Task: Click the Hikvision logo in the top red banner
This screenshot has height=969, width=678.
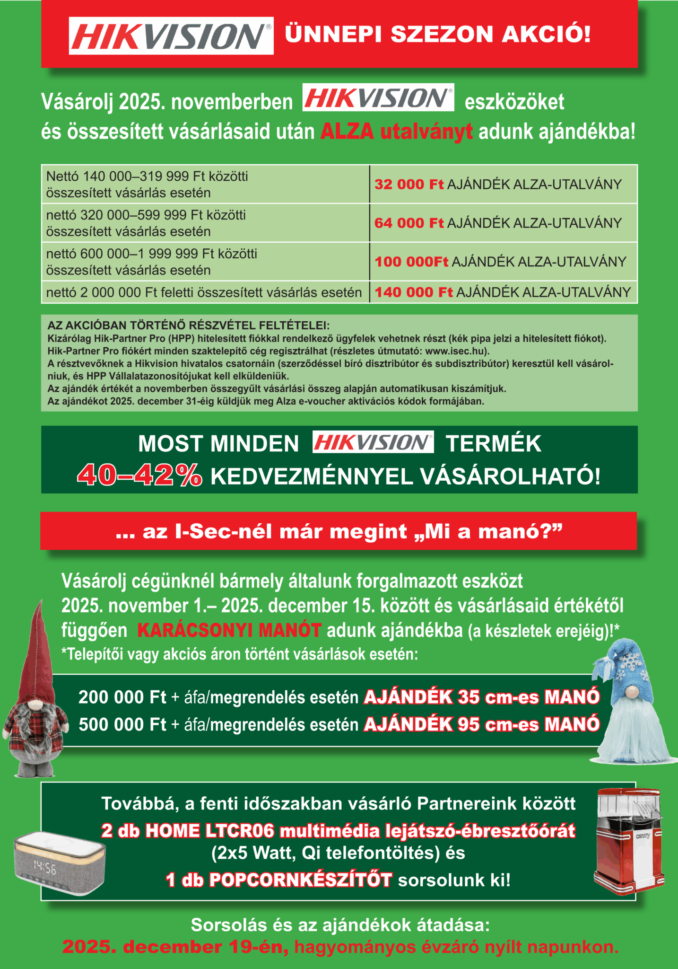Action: [171, 36]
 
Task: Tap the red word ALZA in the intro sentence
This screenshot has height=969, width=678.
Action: [347, 132]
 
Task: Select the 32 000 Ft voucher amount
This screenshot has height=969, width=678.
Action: [409, 185]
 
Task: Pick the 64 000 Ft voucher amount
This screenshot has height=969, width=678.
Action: [409, 223]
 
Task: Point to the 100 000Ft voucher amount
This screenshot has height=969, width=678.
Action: [411, 262]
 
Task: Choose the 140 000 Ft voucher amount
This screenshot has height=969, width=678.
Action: [413, 292]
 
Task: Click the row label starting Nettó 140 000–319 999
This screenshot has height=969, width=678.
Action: [147, 177]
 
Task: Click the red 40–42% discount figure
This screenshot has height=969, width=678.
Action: [140, 475]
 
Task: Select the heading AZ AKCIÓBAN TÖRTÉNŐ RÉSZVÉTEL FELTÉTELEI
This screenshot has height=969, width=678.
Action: [188, 326]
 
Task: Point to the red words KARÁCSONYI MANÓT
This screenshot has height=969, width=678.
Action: [229, 631]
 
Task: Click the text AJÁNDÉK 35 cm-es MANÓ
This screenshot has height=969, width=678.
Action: [481, 697]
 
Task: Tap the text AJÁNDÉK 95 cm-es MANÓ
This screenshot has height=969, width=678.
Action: [481, 724]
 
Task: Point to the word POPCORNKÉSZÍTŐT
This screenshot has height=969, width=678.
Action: [300, 881]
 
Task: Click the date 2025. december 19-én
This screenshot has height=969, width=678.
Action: [175, 947]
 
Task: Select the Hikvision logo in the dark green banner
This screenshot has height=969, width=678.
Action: [373, 442]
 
